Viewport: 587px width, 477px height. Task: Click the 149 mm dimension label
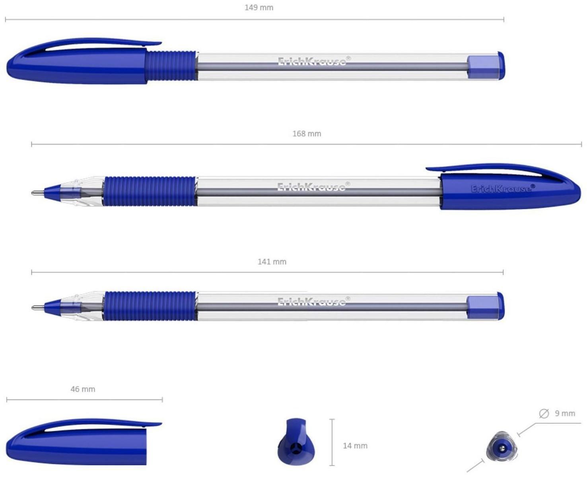259,8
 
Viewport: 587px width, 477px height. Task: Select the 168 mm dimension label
307,134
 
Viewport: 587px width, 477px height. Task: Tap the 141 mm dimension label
272,262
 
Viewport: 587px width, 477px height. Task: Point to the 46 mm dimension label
83,389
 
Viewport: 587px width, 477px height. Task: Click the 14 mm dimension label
355,446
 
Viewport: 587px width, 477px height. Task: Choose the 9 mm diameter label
565,413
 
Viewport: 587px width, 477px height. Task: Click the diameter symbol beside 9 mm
544,413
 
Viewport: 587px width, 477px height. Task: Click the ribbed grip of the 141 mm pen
150,306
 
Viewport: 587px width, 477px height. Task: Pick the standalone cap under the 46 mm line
80,442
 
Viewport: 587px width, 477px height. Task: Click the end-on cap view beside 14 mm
296,442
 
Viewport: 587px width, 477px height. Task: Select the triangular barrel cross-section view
501,448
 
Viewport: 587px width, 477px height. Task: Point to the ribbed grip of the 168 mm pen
150,191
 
